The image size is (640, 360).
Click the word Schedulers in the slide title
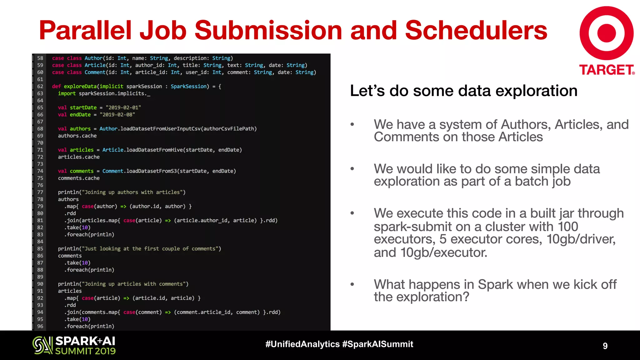tap(476, 30)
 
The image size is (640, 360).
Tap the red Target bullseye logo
tap(606, 33)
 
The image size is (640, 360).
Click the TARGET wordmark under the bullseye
tap(606, 70)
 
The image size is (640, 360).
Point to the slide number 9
tap(605, 346)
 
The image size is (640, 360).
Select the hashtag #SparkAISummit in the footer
tap(377, 344)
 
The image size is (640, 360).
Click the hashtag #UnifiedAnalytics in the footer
tap(302, 344)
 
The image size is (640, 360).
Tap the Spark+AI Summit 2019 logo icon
tap(42, 345)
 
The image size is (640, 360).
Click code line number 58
tap(40, 58)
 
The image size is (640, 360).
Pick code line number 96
tap(40, 326)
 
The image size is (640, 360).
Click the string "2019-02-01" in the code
tap(123, 107)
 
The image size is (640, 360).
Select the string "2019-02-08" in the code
tap(117, 115)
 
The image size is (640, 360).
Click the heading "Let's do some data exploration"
tap(463, 91)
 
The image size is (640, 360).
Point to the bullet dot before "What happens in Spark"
tap(352, 284)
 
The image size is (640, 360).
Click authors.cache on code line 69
tap(77, 136)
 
